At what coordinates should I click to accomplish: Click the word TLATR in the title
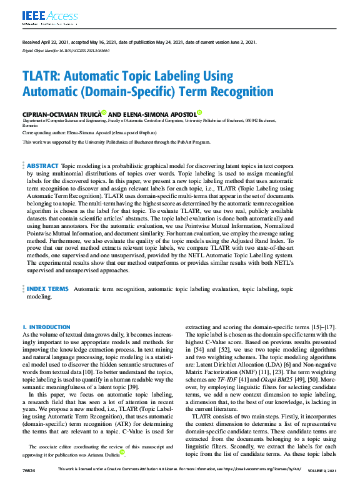42,77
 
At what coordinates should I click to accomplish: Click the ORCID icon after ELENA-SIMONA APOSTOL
199,112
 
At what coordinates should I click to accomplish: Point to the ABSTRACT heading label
42,166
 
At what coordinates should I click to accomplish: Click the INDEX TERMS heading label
47,289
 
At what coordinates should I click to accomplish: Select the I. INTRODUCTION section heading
46,327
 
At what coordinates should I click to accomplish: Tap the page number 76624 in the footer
29,487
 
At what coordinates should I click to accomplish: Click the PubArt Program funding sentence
116,142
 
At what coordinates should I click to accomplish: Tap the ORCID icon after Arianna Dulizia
123,452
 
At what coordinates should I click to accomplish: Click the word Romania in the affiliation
30,126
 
